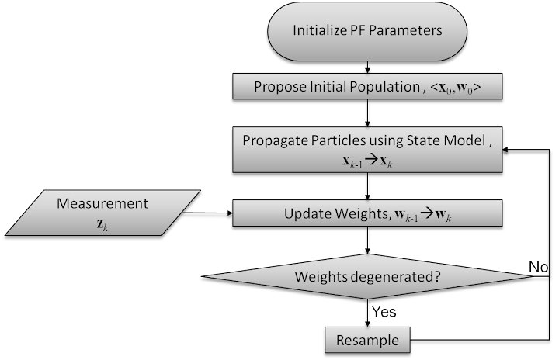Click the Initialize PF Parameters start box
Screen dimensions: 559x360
click(367, 31)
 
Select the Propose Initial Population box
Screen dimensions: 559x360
click(367, 86)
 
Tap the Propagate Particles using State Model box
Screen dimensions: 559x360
click(367, 150)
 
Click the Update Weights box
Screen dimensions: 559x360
click(367, 213)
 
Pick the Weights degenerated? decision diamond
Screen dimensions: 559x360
click(367, 276)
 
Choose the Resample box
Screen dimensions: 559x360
click(367, 340)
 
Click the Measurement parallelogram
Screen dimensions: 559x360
click(102, 213)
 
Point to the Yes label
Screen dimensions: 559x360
click(384, 312)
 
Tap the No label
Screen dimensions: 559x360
click(538, 267)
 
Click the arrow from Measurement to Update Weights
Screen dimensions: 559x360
click(207, 213)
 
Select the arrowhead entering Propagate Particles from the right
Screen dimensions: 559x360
click(505, 150)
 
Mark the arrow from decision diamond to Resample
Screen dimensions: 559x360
click(367, 313)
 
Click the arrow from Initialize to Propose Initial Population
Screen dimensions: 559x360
click(367, 67)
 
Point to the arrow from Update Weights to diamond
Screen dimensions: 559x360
click(367, 241)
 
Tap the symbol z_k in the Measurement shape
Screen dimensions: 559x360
click(102, 224)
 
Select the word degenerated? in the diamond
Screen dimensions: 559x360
click(397, 277)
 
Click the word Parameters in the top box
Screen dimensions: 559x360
click(405, 30)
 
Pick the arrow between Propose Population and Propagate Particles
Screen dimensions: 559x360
click(367, 113)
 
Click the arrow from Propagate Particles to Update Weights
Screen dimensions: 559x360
click(367, 186)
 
